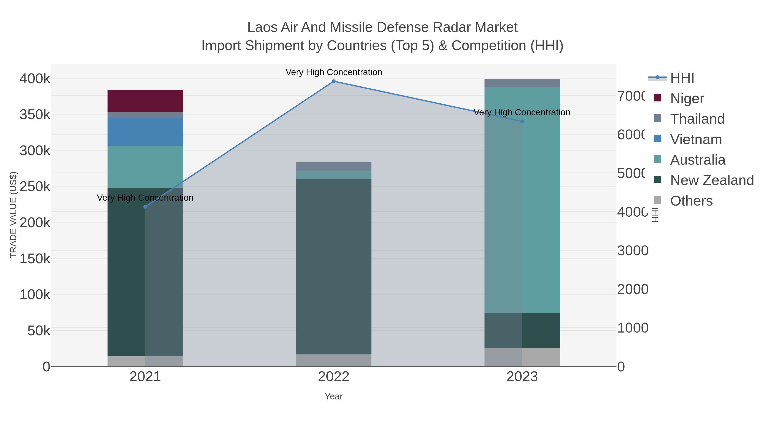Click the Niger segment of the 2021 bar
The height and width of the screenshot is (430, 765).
pyautogui.click(x=145, y=101)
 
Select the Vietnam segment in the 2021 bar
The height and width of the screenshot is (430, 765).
pyautogui.click(x=145, y=131)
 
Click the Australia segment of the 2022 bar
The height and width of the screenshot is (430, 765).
pyautogui.click(x=333, y=175)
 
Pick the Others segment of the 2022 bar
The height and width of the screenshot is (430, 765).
pyautogui.click(x=333, y=360)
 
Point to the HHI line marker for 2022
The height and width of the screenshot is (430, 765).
pyautogui.click(x=333, y=81)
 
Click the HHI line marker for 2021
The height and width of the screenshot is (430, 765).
pyautogui.click(x=145, y=207)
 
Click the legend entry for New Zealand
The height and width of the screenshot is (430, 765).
pyautogui.click(x=711, y=180)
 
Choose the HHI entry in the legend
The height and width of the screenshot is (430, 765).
pyautogui.click(x=682, y=78)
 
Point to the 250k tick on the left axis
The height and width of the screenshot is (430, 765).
pyautogui.click(x=35, y=187)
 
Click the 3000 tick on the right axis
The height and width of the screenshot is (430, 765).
pyautogui.click(x=633, y=251)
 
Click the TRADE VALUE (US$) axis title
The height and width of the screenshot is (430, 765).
pyautogui.click(x=13, y=215)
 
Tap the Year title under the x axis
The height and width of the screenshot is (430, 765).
pyautogui.click(x=333, y=396)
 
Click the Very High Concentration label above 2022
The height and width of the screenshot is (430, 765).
pyautogui.click(x=333, y=72)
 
